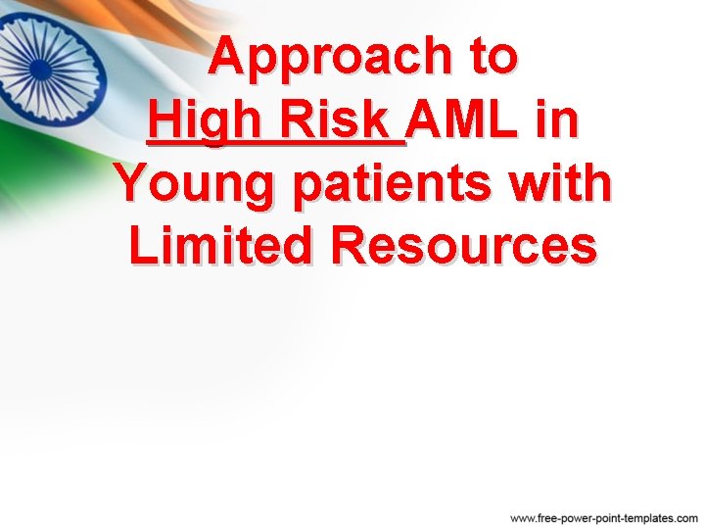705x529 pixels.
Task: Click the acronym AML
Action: pos(469,121)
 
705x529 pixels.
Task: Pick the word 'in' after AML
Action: pos(557,121)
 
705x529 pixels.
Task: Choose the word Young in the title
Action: pos(197,185)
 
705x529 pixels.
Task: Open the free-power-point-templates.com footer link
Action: pos(604,516)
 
